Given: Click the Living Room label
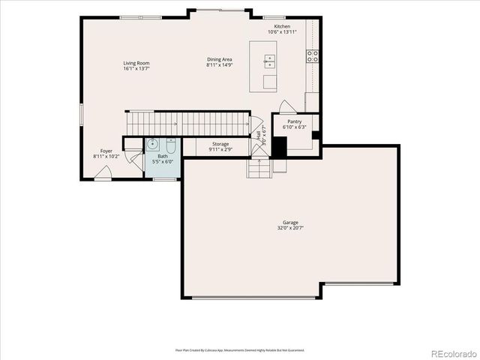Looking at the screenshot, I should pos(137,63).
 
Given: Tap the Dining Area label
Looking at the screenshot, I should pos(219,59).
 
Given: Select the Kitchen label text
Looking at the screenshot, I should pos(282,26).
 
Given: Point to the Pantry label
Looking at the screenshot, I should pos(294,121).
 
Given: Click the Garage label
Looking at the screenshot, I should pos(290,222).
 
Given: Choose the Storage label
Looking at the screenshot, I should pos(220,144).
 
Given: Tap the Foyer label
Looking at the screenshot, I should pos(106,151).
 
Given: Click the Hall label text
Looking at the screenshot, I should pos(259,134).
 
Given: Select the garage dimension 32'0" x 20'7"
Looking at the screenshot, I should pos(290,228).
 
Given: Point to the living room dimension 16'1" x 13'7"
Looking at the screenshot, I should pos(137,68).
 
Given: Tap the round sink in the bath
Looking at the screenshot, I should pos(153,145).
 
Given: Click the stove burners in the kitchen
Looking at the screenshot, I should pos(313,55).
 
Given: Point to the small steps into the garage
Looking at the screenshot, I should pos(258,169).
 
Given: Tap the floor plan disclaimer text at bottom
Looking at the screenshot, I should pos(239,349).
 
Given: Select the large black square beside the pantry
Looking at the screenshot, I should pos(279,147).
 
